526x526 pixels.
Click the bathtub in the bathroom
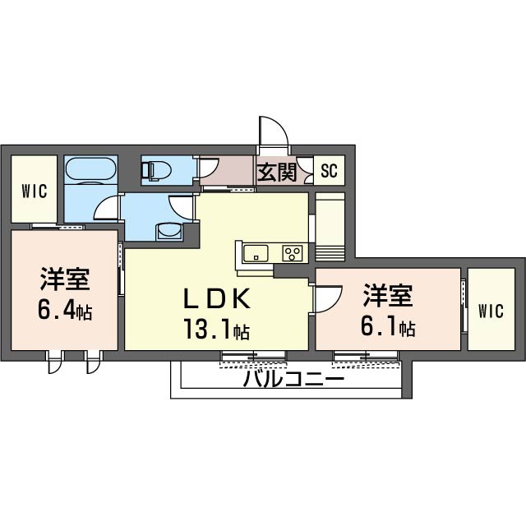pos(90,170)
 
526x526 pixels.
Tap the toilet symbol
pos(156,170)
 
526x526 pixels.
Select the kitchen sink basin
pos(256,253)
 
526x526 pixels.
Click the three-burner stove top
pos(293,253)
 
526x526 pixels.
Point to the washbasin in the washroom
pos(169,232)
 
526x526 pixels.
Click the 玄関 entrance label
pos(277,172)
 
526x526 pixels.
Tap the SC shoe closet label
pos(329,171)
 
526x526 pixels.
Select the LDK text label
pos(217,298)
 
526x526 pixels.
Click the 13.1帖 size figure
pos(216,329)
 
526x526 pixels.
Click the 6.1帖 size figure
pos(388,325)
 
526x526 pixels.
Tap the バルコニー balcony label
pos(294,379)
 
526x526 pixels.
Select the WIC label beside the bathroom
pos(35,191)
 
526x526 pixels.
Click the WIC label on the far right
pos(491,311)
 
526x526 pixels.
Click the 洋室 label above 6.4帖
pos(65,279)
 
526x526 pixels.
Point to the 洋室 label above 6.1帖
pos(388,296)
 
